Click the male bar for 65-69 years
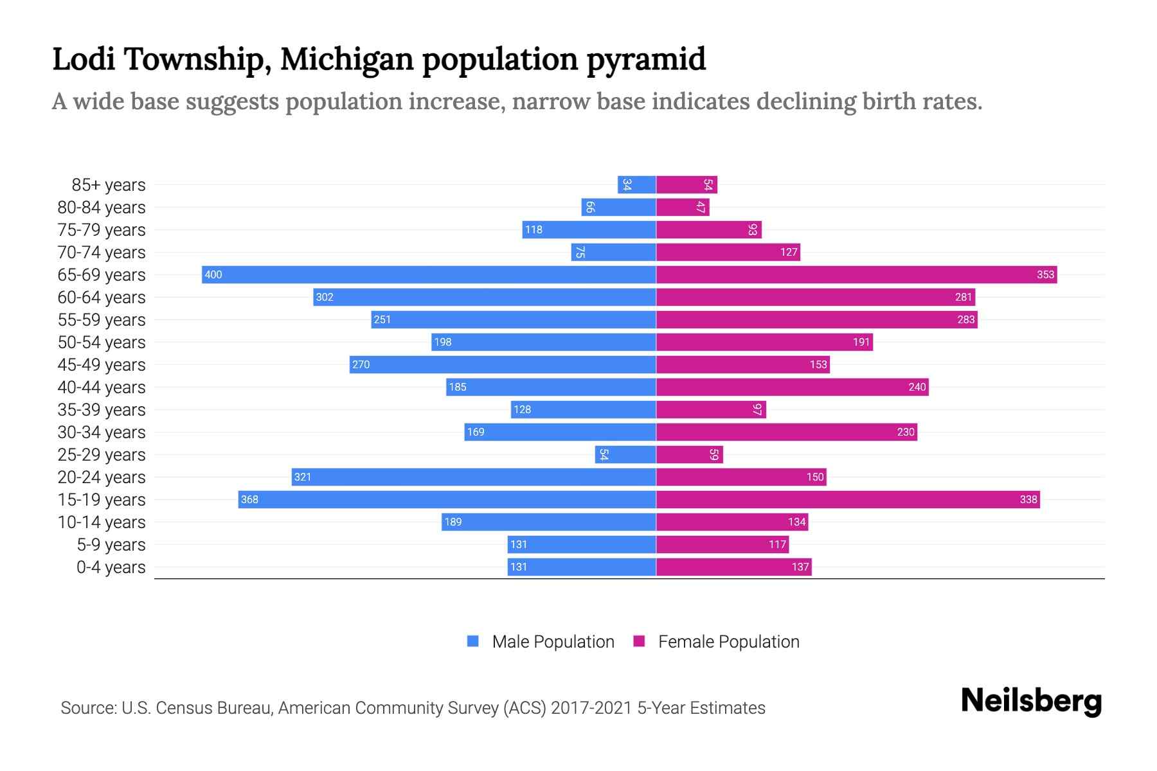point(429,275)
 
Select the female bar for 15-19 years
point(848,500)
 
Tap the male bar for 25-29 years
point(625,455)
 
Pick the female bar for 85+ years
point(686,185)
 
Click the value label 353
point(1045,275)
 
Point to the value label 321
point(302,477)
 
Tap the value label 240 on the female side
point(917,387)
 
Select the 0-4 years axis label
point(111,567)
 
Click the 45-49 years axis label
point(102,365)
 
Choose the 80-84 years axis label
point(102,208)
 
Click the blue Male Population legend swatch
point(473,641)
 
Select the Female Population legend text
point(728,642)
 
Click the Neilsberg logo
point(1031,701)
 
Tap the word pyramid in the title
point(645,60)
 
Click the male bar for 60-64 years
point(485,297)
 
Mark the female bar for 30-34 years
point(786,432)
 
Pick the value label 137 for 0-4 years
point(800,567)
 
